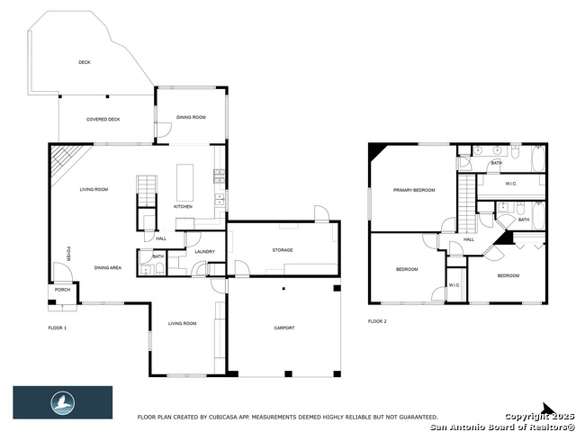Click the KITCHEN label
[183, 207]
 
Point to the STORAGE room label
[283, 250]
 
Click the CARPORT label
[283, 328]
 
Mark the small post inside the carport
[283, 289]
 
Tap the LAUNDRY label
[204, 252]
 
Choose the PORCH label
[62, 290]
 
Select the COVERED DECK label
[103, 120]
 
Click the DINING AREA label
[108, 268]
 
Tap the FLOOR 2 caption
[377, 321]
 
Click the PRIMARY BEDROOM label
[413, 191]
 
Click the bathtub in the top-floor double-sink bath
[537, 160]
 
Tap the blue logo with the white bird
[62, 402]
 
